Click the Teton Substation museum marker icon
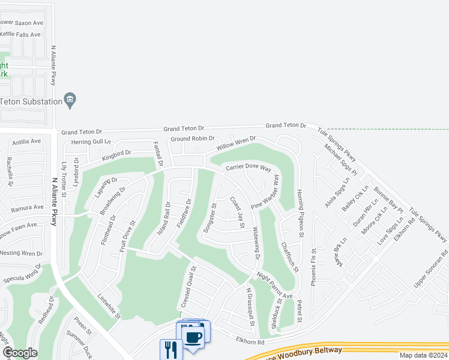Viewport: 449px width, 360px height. [x=70, y=101]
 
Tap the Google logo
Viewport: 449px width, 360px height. [x=20, y=353]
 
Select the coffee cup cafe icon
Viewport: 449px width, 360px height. [x=193, y=337]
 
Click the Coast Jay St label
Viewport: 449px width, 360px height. [x=238, y=212]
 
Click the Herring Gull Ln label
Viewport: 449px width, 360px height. [x=91, y=142]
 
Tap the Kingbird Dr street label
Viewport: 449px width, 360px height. [x=116, y=155]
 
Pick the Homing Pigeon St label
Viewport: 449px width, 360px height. [x=300, y=213]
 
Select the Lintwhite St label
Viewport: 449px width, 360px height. [x=110, y=305]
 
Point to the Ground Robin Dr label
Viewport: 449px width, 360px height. [x=192, y=139]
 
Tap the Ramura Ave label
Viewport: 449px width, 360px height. [x=28, y=207]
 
